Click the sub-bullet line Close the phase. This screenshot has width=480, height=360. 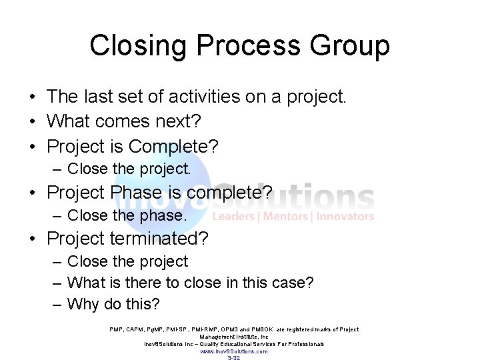point(127,215)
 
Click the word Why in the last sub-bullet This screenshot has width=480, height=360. point(83,305)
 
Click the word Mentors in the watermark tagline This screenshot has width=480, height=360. point(287,216)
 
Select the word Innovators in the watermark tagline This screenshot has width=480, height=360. point(345,216)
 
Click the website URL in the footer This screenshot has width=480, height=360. point(234,351)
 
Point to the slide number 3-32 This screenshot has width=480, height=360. point(234,358)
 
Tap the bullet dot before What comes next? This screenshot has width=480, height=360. point(32,121)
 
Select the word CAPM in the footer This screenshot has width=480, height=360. point(135,329)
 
